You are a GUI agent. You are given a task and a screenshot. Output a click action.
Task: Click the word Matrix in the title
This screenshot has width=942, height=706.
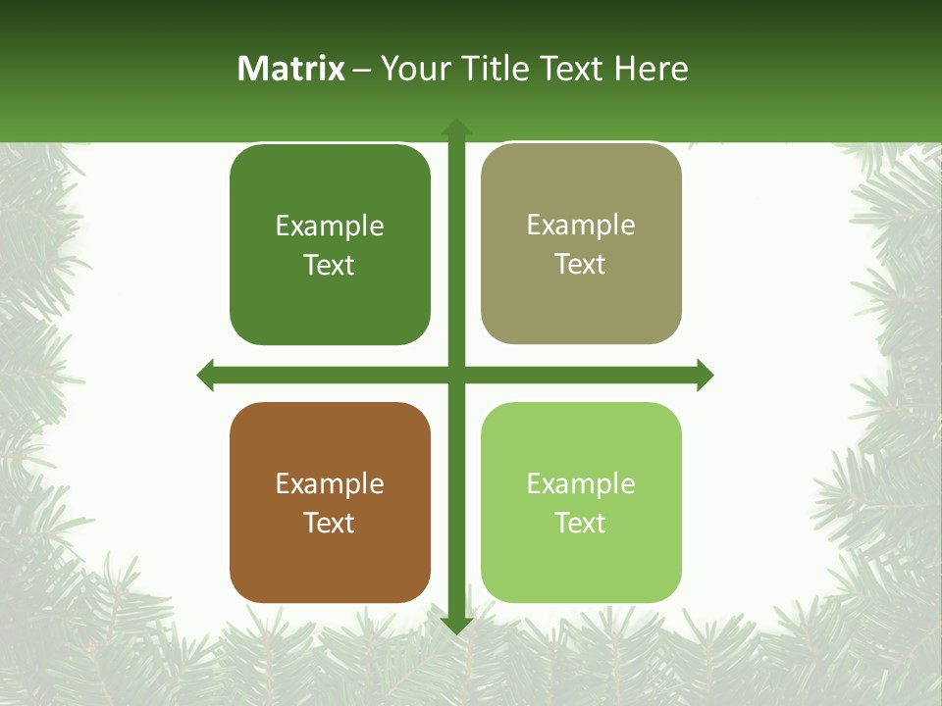(291, 69)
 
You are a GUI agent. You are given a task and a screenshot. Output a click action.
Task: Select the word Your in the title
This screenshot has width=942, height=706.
(416, 69)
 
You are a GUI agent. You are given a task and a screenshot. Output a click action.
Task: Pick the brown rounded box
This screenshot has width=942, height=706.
(330, 569)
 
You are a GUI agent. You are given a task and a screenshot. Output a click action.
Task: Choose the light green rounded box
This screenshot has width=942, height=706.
(581, 569)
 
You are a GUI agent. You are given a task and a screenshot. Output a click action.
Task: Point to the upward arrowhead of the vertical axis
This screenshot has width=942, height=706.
(456, 127)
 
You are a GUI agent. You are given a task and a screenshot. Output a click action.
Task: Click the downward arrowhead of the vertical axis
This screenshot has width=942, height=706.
(456, 625)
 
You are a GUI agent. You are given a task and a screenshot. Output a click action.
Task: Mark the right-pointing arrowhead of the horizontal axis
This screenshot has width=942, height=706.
(705, 375)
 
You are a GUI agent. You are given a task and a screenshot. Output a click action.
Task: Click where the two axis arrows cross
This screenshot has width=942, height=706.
(456, 375)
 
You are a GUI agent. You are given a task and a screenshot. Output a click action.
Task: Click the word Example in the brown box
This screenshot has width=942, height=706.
(330, 483)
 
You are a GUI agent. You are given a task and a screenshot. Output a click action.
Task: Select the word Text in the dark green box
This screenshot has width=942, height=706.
(330, 265)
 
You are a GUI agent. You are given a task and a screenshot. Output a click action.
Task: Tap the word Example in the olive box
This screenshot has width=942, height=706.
(581, 225)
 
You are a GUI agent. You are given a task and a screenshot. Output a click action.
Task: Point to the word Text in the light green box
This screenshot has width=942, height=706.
(581, 523)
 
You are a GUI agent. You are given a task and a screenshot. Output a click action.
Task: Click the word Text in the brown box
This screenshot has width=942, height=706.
(330, 523)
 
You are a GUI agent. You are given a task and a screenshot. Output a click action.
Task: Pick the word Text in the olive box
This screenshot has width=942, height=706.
(581, 264)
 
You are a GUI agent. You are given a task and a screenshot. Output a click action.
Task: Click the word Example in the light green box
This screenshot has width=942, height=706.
(581, 483)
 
